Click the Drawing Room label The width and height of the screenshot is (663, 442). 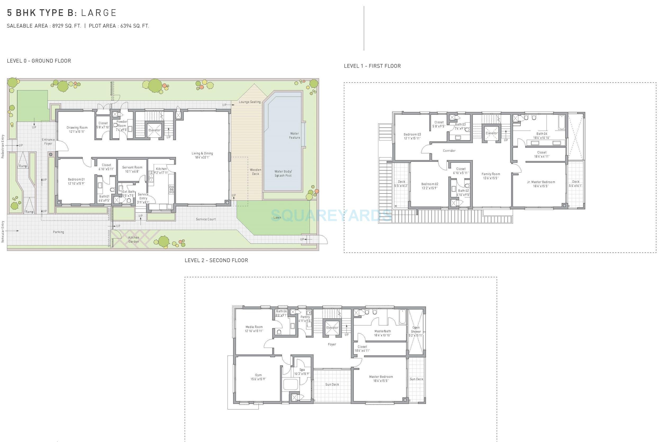[77, 128]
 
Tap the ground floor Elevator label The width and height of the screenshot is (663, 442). [154, 130]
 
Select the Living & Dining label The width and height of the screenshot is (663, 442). [202, 154]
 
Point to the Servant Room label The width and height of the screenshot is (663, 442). [132, 167]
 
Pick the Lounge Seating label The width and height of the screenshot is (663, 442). [250, 102]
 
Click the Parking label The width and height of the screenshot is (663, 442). [58, 232]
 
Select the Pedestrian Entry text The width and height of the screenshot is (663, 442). [3, 146]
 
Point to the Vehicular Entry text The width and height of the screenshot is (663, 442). [3, 232]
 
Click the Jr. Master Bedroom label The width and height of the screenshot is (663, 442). [541, 182]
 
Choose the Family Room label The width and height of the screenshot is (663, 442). [491, 174]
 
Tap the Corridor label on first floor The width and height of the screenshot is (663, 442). [449, 151]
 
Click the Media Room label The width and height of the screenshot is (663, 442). [254, 327]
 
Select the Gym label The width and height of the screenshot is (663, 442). [258, 375]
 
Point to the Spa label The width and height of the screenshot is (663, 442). [302, 370]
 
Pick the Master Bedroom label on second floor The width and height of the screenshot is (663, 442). [381, 377]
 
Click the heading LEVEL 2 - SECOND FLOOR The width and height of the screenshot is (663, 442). [216, 260]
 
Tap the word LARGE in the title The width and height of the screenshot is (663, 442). [99, 13]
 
